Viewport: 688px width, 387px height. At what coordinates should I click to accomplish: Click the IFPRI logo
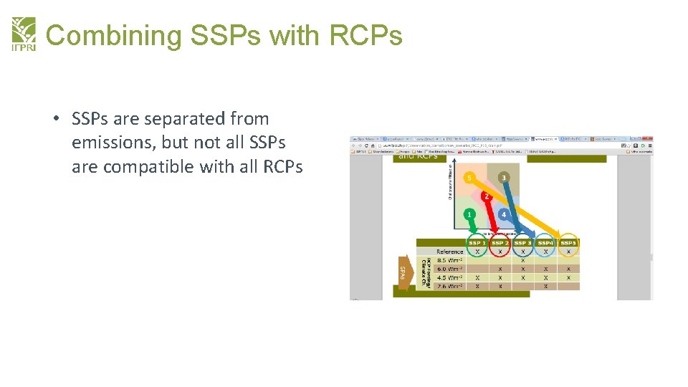[23, 34]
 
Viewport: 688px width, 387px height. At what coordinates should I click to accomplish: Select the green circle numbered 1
[469, 214]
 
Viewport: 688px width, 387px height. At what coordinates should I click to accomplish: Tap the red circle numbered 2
[487, 196]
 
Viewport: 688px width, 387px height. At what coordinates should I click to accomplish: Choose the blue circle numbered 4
[504, 214]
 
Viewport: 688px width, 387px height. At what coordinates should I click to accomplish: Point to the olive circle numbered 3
[504, 177]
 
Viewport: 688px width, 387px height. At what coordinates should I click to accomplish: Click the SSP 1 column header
[477, 243]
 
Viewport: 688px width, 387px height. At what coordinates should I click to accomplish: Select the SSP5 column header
[568, 243]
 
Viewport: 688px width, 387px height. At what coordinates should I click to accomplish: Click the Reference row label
[449, 252]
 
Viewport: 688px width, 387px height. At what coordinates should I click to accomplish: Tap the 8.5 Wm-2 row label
[449, 260]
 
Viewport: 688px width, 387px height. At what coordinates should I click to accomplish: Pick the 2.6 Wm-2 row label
[449, 286]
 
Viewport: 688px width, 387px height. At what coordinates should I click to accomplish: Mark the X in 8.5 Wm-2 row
[523, 260]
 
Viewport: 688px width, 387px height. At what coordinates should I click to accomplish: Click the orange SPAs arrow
[403, 272]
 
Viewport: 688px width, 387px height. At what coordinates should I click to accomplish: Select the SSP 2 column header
[500, 243]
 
